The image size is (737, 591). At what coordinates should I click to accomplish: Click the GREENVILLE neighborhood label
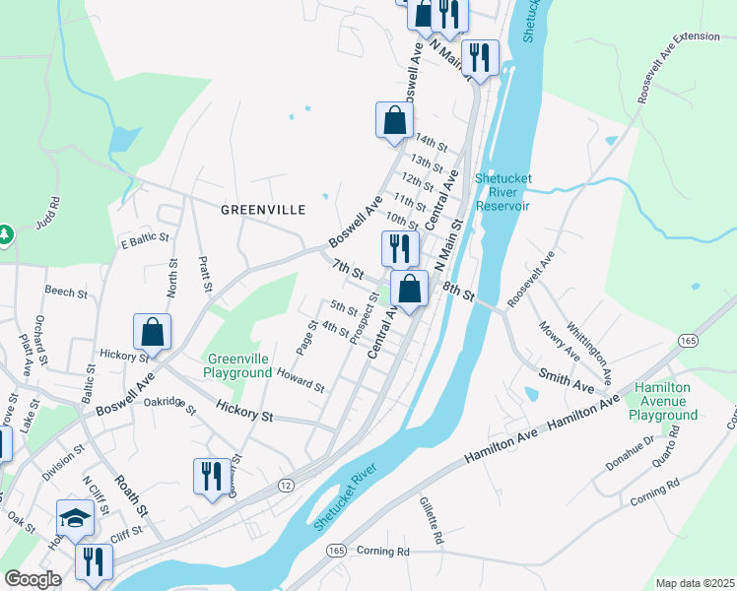pos(263,210)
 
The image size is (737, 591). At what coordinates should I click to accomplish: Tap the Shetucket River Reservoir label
pos(502,192)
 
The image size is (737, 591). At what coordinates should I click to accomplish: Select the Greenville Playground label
pos(237,366)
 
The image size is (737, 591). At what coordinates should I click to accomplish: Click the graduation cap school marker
pos(75,517)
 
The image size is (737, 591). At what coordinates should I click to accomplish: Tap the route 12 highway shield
pos(286,485)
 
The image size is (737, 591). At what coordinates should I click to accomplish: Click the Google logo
pos(33,579)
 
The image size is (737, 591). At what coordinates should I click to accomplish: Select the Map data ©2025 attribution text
pos(695,583)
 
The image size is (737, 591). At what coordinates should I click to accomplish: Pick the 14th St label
pos(431,141)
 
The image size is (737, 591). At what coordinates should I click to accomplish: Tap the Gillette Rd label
pos(435,520)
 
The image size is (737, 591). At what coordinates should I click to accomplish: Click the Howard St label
pos(301,381)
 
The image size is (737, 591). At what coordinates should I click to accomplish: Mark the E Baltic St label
pos(145,239)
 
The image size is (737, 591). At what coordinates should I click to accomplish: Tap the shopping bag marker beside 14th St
pos(394,121)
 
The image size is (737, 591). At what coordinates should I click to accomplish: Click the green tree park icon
pos(4,235)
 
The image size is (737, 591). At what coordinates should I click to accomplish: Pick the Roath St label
pos(130,497)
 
